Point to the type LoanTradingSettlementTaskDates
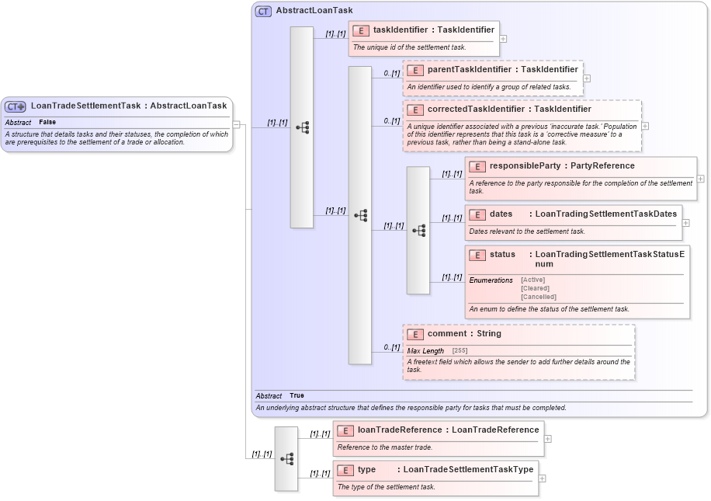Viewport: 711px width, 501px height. point(605,214)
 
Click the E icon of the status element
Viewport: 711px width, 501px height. point(477,255)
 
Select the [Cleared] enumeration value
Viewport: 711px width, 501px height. point(535,288)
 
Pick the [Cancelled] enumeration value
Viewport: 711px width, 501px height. point(538,297)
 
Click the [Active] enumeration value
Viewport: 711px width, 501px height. point(532,280)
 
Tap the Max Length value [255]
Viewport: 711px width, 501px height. point(460,351)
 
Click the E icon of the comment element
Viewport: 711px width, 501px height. point(415,334)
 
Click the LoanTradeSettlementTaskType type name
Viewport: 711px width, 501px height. point(468,470)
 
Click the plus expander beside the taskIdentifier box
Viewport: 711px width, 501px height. point(504,38)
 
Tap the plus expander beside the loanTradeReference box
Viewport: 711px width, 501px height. point(548,438)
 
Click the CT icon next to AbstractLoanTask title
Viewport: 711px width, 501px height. point(263,11)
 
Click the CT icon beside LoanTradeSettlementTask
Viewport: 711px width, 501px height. point(16,106)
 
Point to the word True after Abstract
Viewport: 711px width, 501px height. point(297,396)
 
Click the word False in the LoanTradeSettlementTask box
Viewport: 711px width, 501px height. point(47,123)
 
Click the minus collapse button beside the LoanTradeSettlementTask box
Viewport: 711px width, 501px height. point(237,124)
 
